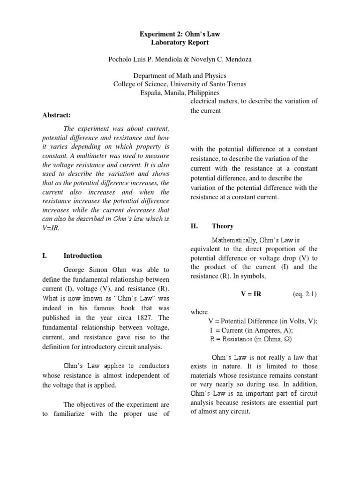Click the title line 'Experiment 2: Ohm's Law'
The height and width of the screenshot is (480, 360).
(x=180, y=34)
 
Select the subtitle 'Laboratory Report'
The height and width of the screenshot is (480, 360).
(x=180, y=43)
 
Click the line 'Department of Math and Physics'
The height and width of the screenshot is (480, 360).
(x=180, y=76)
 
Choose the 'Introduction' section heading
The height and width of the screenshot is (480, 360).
(x=82, y=255)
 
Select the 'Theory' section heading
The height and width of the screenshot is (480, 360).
(x=222, y=226)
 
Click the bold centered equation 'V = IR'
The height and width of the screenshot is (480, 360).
(x=251, y=294)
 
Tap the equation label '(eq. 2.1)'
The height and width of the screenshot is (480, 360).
(x=305, y=294)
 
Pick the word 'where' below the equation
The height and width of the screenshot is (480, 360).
(x=199, y=312)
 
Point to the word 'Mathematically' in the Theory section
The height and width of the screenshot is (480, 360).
(x=233, y=240)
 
